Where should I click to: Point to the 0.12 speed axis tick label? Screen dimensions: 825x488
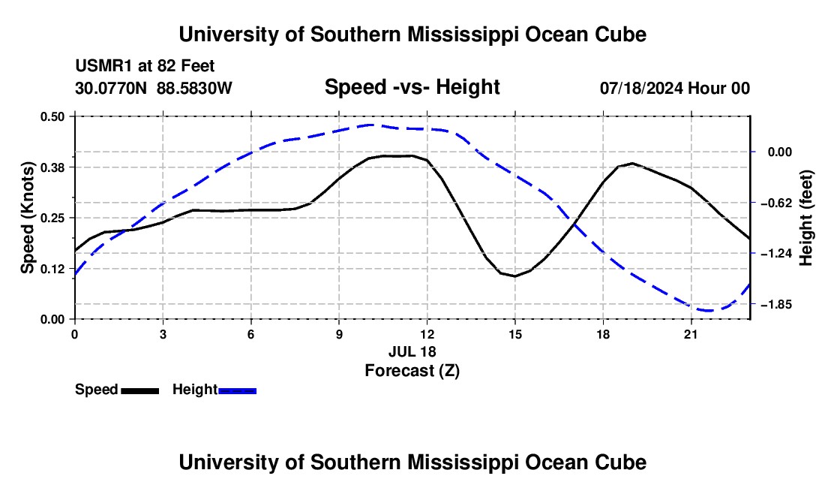tap(52, 269)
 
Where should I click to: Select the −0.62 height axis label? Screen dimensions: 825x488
tap(779, 203)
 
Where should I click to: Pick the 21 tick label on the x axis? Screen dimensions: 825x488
tap(690, 334)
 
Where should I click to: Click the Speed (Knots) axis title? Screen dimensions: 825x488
tap(27, 218)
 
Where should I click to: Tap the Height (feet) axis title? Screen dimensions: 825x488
tap(806, 218)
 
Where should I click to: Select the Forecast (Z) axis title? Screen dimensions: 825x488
tap(412, 371)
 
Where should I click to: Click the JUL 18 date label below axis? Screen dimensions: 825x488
tap(412, 351)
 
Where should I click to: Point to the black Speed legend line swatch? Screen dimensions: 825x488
tap(140, 390)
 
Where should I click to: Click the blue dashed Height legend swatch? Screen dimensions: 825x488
tap(237, 390)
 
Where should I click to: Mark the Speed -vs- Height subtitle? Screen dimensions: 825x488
tap(412, 87)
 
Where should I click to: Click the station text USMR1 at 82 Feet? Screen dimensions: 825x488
tap(145, 66)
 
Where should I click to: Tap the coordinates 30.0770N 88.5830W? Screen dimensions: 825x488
tap(154, 88)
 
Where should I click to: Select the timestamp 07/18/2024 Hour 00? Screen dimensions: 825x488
tap(675, 88)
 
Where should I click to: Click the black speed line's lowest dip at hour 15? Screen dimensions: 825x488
tap(514, 276)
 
